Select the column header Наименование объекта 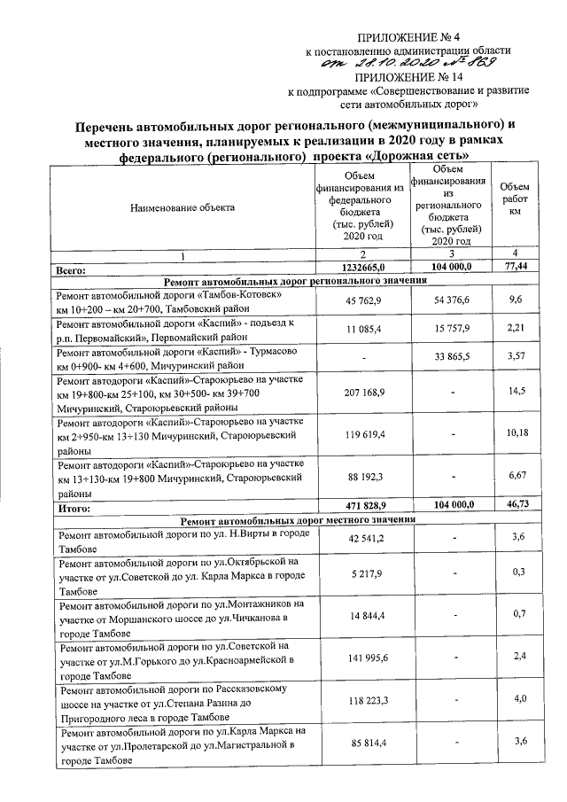coord(183,207)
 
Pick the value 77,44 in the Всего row coord(514,266)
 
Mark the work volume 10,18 coord(514,432)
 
